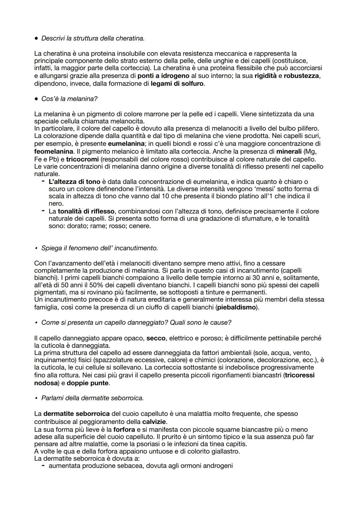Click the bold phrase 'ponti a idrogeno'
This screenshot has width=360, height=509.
(163, 76)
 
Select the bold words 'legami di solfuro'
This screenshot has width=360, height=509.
(177, 83)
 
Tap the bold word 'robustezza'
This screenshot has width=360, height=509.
(301, 76)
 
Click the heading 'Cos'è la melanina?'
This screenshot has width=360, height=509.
(69, 99)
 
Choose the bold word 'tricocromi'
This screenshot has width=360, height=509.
(82, 159)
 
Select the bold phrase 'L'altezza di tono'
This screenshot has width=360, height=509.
(74, 182)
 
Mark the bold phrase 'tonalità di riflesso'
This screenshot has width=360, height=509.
(86, 211)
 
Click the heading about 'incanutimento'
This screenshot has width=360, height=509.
(99, 248)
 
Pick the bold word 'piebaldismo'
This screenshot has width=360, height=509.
(236, 307)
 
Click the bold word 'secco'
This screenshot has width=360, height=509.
(156, 338)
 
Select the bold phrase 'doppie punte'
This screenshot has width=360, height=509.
(88, 383)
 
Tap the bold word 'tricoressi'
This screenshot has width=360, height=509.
(299, 375)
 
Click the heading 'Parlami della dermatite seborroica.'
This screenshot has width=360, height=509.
(92, 398)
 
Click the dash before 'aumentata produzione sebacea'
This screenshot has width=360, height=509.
(43, 466)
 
